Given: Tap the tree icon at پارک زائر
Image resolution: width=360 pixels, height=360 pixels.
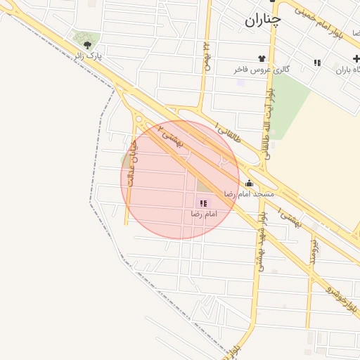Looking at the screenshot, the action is click(87, 45).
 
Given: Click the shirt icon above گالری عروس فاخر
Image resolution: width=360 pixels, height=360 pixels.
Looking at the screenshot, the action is click(262, 58).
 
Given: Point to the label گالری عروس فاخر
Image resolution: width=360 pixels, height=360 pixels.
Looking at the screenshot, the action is click(262, 70).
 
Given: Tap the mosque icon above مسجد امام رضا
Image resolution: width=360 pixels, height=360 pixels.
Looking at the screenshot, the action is click(249, 184).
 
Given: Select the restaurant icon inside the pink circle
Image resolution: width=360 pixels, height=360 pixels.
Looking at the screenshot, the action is click(203, 202).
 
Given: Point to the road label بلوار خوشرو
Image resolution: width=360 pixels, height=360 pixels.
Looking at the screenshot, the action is click(344, 296).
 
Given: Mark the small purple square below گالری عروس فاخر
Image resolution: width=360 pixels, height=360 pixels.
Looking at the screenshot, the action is click(241, 82).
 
